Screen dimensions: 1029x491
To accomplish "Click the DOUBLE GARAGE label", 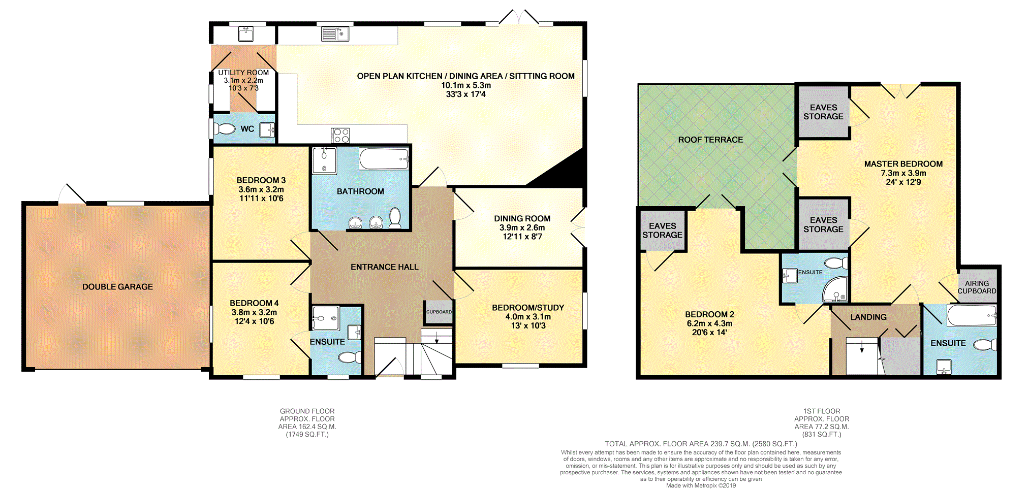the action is pos(117,287).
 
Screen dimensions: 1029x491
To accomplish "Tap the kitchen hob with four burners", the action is pos(340,135).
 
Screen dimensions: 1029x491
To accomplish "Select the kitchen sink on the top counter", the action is pos(335,34).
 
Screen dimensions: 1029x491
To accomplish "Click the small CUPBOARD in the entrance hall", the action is pos(439,312).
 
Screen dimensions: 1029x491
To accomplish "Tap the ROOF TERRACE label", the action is pos(710,140).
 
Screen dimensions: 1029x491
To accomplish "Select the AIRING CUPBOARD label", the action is pos(977,287).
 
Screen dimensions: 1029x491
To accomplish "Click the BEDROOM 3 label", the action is pos(261,180).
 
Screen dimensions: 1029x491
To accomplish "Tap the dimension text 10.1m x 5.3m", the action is pos(466,85).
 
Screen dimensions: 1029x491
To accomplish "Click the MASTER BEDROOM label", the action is pos(903,164).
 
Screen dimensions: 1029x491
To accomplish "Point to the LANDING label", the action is pos(868,317).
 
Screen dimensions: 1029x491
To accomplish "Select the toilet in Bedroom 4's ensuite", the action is pos(350,358).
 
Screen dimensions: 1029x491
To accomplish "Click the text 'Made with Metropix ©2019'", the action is pos(701,485).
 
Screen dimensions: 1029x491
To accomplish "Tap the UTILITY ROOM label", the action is pos(243,73).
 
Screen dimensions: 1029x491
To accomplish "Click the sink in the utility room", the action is pos(246,34).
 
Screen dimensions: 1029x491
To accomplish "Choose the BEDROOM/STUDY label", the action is pos(528,308).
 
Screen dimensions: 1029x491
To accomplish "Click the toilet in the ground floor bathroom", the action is pos(395,218).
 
